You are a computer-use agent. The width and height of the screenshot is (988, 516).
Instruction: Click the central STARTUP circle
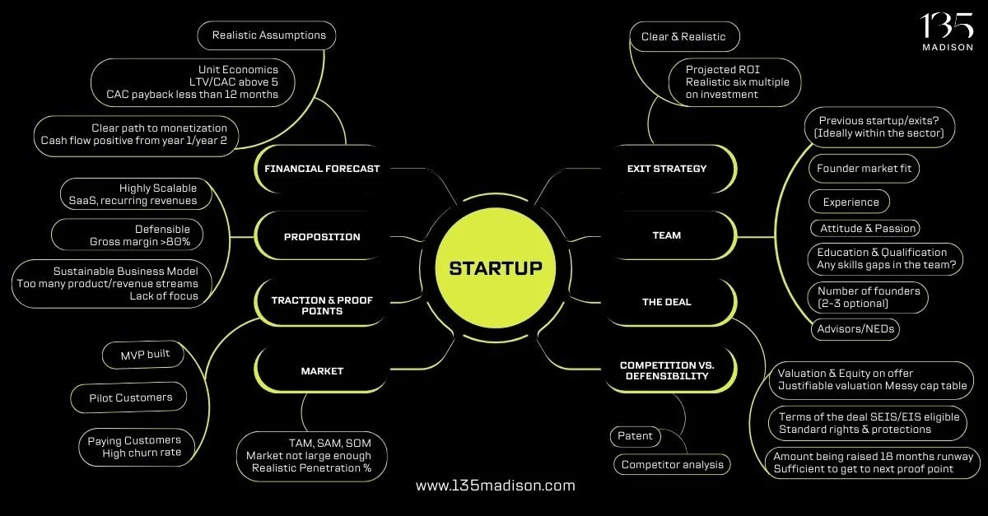pos(495,268)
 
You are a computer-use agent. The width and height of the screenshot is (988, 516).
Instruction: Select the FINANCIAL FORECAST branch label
pos(321,169)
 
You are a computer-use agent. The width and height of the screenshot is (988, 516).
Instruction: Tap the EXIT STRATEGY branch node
pos(667,169)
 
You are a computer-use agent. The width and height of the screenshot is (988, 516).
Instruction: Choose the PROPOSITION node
pos(322,237)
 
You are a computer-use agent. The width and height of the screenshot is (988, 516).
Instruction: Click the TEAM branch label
pos(667,235)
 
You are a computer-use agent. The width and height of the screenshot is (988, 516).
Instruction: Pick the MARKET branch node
pos(322,371)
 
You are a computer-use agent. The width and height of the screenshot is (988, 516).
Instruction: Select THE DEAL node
pos(667,302)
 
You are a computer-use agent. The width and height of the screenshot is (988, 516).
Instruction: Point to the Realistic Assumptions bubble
pos(268,35)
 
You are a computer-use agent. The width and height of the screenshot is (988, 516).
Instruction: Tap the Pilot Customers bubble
pos(131,397)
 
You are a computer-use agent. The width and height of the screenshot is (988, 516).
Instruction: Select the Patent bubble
pos(635,436)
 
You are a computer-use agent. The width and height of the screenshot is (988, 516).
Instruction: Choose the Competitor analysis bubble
pos(672,465)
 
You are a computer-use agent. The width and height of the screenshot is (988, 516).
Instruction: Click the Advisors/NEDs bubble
pos(853,329)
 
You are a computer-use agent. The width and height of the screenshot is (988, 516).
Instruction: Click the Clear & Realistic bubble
pos(684,36)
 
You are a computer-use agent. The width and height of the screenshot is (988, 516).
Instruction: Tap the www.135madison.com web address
pos(496,486)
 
